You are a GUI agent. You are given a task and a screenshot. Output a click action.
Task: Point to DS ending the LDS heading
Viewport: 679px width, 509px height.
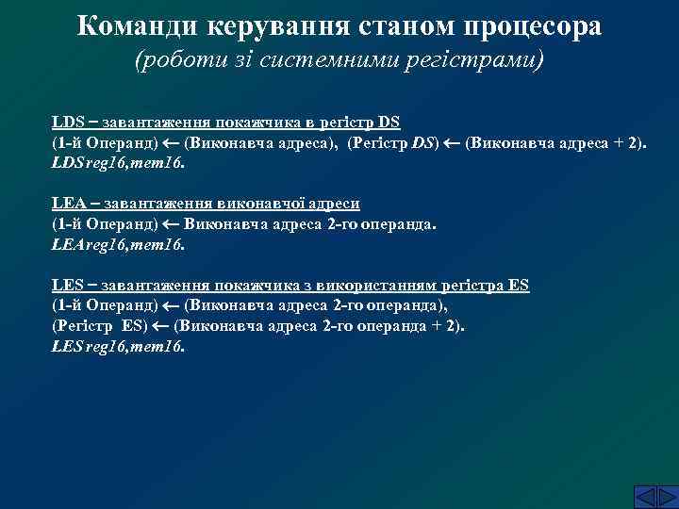389,123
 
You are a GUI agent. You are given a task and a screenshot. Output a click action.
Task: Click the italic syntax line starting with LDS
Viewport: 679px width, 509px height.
119,162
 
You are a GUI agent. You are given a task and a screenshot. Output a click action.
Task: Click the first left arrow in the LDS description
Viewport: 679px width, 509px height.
172,143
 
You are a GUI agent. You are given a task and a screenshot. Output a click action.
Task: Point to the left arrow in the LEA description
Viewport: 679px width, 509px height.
172,224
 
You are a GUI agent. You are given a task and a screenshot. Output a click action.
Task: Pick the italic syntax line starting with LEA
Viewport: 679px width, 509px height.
119,244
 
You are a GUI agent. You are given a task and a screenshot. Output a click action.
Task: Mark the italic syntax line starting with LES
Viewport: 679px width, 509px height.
119,346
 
